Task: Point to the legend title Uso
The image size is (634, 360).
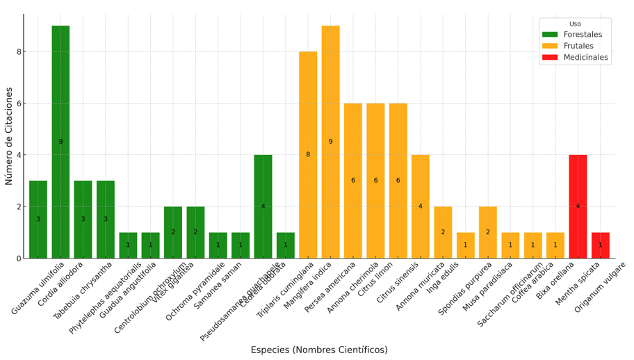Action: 575,24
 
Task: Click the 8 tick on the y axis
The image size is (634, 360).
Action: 21,51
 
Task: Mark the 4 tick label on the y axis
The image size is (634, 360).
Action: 21,155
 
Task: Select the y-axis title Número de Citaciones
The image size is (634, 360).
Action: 9,136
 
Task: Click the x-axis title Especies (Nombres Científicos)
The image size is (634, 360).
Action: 319,350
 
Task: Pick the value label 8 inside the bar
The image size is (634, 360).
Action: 308,155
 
